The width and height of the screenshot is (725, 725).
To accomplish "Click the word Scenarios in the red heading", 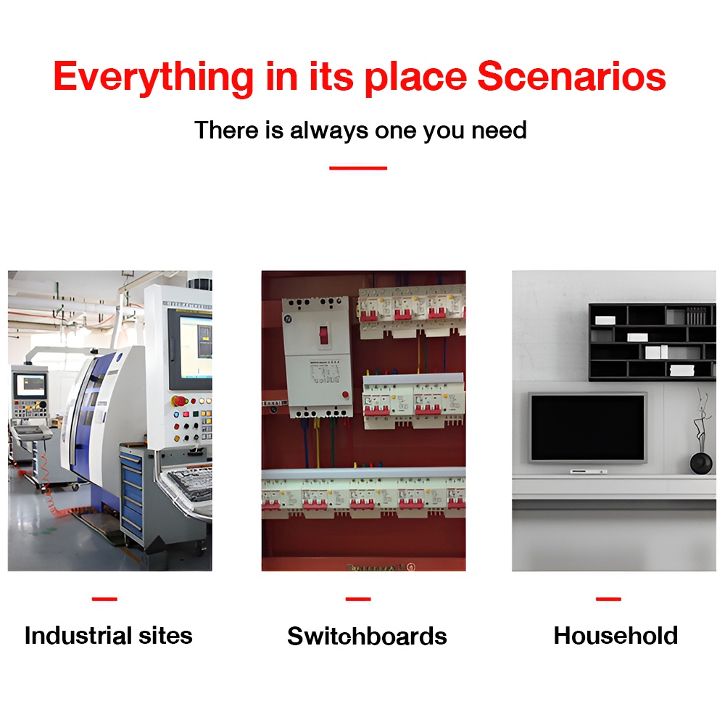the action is [571, 76].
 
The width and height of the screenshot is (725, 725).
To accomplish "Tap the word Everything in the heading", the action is [153, 78].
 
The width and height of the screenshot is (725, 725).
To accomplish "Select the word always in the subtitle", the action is [328, 130].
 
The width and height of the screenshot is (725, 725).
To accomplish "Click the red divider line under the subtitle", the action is [358, 168].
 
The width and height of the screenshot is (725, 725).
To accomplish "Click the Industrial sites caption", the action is [108, 635].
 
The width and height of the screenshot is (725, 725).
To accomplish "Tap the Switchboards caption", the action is [367, 636].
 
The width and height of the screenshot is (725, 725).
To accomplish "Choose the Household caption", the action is [616, 635].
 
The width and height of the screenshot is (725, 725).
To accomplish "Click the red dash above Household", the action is [608, 599].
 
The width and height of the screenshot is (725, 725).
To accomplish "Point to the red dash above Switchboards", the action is [358, 599].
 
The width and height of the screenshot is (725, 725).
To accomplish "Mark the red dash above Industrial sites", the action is [104, 599].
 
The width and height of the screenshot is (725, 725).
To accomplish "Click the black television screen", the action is [587, 427].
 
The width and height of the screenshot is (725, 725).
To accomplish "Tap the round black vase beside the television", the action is [701, 463].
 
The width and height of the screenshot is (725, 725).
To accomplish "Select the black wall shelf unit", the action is [652, 341].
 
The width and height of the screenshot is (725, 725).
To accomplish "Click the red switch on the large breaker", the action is [323, 333].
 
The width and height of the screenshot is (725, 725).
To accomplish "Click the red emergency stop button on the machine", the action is [178, 400].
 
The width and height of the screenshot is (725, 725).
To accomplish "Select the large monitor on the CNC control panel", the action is [191, 349].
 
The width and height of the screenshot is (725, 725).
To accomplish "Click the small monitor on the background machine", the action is [30, 386].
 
